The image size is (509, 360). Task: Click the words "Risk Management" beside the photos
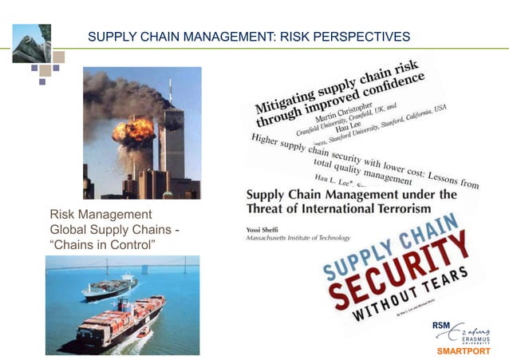(x=101, y=215)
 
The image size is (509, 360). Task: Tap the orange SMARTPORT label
(x=464, y=350)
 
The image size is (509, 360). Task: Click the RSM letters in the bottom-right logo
(x=443, y=325)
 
